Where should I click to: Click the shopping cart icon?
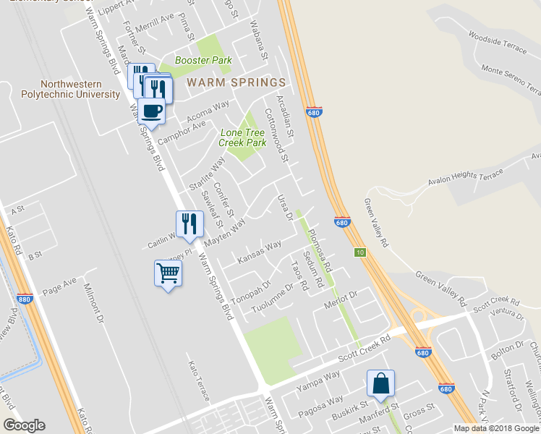168,274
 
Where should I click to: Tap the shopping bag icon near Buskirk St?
380,383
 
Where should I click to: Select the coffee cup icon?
152,111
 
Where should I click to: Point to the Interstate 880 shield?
25,298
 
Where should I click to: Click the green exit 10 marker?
359,252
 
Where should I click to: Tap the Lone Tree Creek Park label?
242,137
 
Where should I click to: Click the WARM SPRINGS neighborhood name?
236,82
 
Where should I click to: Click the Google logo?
23,425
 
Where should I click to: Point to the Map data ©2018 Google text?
496,428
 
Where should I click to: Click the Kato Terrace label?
200,381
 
